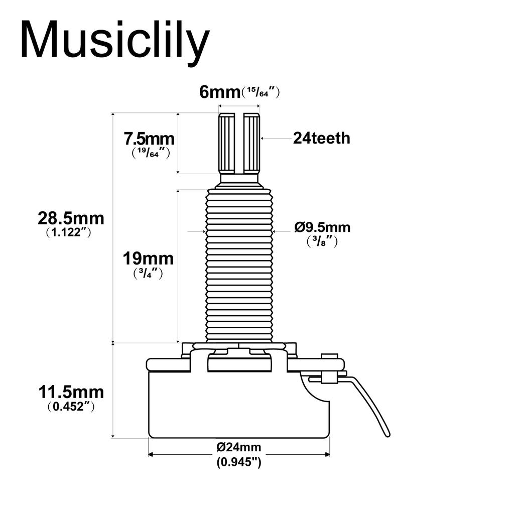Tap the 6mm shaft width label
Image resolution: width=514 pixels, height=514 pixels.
pos(220,92)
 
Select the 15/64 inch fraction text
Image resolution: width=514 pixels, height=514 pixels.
pos(261,92)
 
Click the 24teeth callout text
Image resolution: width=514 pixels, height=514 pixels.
pos(321,138)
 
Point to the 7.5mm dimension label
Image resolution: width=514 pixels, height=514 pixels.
pos(149,139)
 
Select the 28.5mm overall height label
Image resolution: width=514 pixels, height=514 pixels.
pos(71,218)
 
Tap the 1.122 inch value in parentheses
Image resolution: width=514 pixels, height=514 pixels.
pos(68,232)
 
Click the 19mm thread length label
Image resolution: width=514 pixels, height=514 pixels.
pos(148,259)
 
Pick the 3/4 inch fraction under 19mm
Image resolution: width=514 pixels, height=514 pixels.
pos(148,274)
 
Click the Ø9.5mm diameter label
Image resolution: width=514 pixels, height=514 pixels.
pos(322,227)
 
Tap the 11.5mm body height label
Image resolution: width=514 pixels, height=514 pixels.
pos(71,392)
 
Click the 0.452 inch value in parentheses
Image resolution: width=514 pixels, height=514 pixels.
pos(68,407)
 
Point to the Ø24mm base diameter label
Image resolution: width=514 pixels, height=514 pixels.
pos(239,447)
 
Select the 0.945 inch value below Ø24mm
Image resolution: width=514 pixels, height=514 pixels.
pos(239,462)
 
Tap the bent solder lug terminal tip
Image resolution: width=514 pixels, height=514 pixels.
pos(387,433)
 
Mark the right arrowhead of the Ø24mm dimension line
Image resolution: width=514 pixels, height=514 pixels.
pos(327,455)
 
